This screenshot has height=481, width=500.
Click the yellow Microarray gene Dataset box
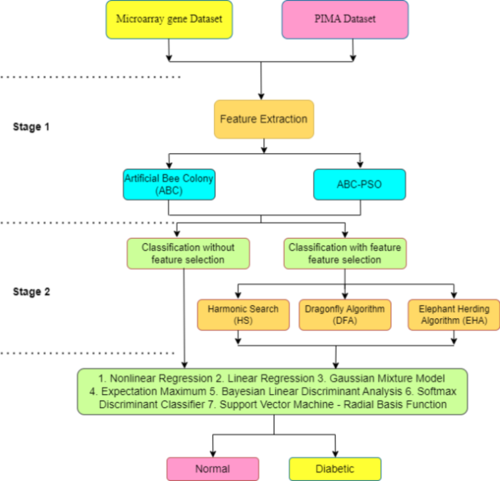[169, 19]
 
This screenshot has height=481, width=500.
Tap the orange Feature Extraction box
[264, 119]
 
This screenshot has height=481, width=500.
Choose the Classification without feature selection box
[188, 253]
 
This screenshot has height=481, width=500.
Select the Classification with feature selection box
[345, 253]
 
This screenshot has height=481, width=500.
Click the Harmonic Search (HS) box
[243, 315]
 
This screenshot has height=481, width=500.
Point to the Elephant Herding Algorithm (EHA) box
[453, 315]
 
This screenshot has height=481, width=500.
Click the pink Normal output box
[212, 469]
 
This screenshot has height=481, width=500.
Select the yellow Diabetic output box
[335, 469]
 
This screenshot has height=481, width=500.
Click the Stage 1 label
[31, 126]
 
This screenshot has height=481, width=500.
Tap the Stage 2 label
[31, 292]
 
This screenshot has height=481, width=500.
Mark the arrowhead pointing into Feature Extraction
[262, 96]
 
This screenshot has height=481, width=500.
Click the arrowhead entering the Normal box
[212, 453]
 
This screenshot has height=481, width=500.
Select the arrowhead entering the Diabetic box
[335, 453]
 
